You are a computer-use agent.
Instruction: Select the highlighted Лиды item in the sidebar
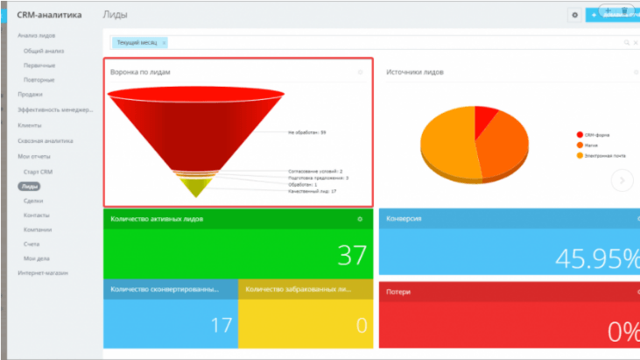(30, 187)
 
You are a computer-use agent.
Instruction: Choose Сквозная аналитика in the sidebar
(46, 140)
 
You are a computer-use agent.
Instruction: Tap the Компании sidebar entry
(38, 229)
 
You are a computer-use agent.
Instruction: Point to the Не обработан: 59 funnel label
(306, 132)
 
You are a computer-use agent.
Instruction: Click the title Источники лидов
(415, 72)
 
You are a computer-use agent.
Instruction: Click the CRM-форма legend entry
(598, 135)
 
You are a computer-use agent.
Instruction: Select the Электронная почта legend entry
(603, 155)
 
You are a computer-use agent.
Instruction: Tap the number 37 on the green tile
(352, 256)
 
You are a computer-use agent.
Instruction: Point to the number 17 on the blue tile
(222, 325)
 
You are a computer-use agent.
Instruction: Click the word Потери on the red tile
(399, 291)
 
